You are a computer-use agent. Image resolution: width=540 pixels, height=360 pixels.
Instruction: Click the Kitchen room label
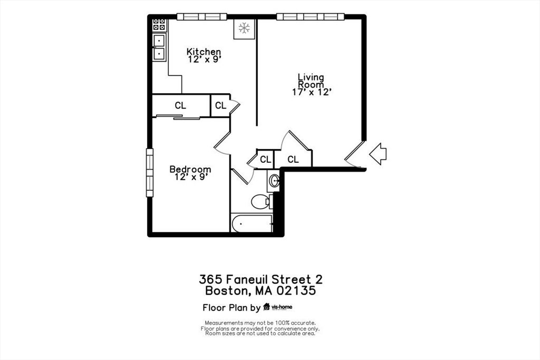(x=204, y=52)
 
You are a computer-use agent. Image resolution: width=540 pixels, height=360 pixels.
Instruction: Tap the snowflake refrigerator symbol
(x=244, y=28)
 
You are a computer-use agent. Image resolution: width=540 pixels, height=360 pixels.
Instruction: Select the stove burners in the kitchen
(x=159, y=24)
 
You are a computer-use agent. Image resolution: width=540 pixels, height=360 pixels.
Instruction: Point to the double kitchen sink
(x=159, y=46)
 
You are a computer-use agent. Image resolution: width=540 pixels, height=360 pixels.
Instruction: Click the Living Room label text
(x=311, y=81)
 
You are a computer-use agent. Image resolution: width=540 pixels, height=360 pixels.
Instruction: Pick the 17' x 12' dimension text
(x=311, y=92)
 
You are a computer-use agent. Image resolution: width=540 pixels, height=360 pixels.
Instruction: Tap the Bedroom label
(x=190, y=169)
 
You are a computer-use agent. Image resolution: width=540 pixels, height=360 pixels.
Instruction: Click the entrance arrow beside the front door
(x=378, y=154)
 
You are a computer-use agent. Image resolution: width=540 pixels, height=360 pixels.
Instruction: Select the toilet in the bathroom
(x=261, y=201)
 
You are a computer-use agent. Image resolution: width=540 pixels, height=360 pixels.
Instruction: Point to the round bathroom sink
(x=274, y=182)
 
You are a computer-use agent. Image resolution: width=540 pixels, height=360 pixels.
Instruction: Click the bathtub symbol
(x=252, y=223)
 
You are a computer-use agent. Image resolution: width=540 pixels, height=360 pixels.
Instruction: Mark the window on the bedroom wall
(x=150, y=172)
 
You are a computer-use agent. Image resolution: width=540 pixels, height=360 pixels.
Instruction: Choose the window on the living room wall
(x=310, y=17)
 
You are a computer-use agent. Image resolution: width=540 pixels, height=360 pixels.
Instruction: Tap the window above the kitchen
(x=201, y=17)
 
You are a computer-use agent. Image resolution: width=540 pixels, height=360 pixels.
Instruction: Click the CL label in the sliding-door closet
(x=180, y=106)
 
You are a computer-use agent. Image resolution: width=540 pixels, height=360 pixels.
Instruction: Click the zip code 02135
(x=298, y=290)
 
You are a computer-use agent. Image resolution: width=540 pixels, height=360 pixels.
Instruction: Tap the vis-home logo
(x=278, y=307)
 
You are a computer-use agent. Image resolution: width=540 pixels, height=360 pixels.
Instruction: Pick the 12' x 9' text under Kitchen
(x=204, y=60)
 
